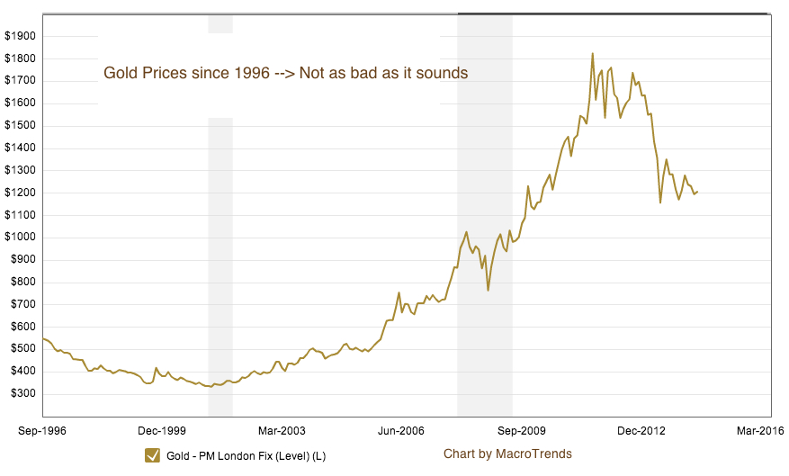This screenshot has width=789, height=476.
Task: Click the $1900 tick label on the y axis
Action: tap(20, 36)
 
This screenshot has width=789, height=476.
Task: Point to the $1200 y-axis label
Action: tap(20, 193)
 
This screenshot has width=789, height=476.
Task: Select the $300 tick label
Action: tap(22, 394)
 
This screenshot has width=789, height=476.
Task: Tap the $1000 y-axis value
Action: tap(20, 238)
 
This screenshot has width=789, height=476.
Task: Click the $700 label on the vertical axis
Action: tap(22, 305)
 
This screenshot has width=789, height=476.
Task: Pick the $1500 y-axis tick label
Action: tap(20, 126)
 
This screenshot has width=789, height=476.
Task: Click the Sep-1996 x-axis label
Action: tap(42, 430)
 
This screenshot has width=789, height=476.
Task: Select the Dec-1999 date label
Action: tap(162, 430)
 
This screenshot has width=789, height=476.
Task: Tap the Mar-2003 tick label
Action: tap(281, 430)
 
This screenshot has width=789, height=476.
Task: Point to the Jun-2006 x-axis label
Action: tap(400, 430)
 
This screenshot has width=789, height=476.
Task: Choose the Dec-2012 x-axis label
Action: tap(640, 430)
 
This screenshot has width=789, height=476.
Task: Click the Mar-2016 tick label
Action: tap(758, 430)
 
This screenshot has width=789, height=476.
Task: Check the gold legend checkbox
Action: tap(152, 455)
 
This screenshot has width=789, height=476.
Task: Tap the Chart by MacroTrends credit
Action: tap(507, 454)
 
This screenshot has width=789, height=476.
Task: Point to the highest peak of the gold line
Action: tap(592, 54)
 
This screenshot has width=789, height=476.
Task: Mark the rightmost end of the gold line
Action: tap(698, 191)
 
